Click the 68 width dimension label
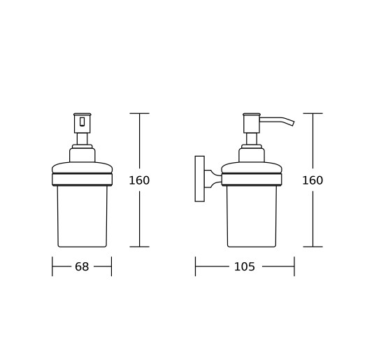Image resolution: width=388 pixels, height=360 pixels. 82,267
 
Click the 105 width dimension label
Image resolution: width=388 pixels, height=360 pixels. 244,267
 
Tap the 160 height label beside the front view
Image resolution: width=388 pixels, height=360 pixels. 139,180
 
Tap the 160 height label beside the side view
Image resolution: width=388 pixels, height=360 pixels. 312,180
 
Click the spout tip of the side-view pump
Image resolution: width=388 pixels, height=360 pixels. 293,123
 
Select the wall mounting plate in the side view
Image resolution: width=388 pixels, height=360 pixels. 200,179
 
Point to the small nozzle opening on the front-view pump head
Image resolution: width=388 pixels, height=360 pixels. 82,122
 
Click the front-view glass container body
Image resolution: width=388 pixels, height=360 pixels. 82,216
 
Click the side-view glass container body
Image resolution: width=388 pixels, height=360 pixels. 252,216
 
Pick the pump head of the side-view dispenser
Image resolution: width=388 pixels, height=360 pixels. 252,123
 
